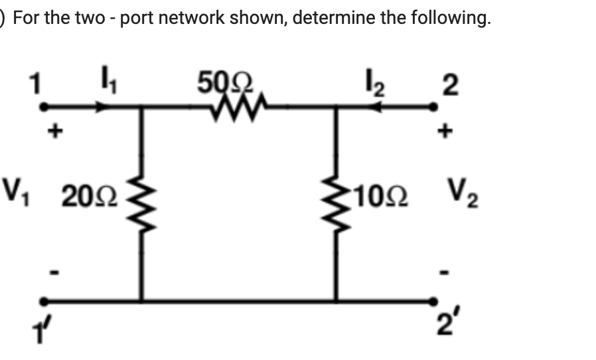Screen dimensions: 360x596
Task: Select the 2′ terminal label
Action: (447, 326)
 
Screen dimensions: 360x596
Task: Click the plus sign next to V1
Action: (58, 132)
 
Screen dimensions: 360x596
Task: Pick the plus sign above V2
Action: (446, 132)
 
